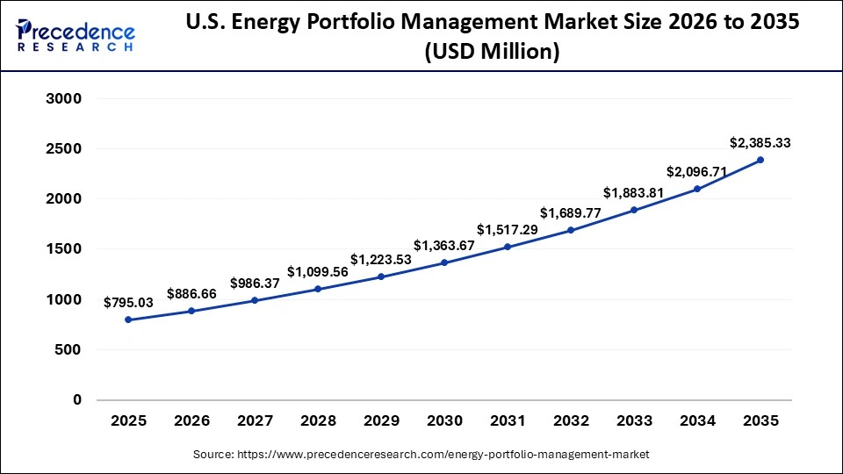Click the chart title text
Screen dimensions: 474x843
tap(492, 37)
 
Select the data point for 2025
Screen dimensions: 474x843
tap(128, 320)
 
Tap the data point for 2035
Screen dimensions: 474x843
tap(760, 160)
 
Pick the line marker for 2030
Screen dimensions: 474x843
tap(444, 262)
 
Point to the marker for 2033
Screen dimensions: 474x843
tap(634, 210)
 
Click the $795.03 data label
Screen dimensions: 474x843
tap(128, 303)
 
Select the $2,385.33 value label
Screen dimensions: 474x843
tap(760, 142)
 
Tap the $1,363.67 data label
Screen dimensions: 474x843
tap(444, 246)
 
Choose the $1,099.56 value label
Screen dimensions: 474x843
tap(318, 272)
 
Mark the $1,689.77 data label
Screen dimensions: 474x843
tap(571, 212)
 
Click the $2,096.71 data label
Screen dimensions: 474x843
tap(697, 172)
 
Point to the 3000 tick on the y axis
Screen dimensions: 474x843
tap(63, 99)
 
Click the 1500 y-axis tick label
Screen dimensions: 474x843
tap(63, 249)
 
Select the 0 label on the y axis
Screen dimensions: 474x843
tap(76, 399)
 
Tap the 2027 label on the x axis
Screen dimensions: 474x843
tap(255, 420)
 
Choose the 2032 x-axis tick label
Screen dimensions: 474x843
tap(571, 420)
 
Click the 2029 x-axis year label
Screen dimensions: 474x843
tap(381, 420)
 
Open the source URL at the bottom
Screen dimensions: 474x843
tap(421, 455)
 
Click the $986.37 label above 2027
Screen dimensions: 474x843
tap(255, 284)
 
